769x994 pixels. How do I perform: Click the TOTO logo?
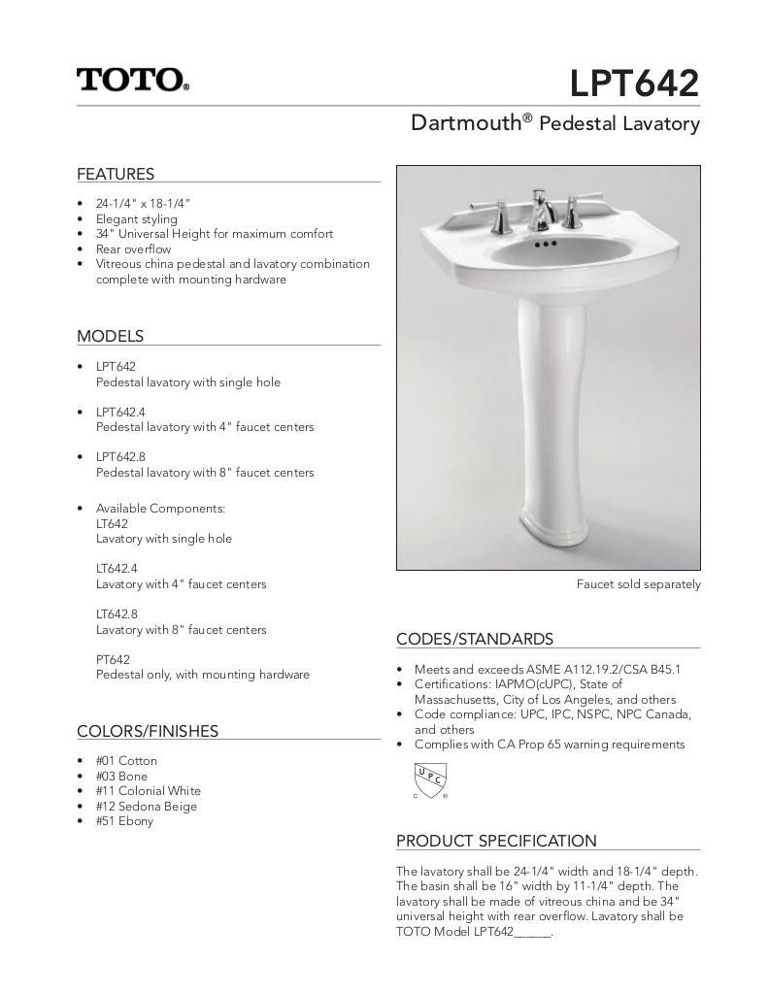coord(133,80)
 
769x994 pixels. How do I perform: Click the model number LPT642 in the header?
coord(634,83)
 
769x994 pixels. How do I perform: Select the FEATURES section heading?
coord(116,175)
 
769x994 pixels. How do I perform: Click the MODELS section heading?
coord(110,337)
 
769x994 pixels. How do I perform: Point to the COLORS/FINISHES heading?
coord(148,732)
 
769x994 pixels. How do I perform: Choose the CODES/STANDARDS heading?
coord(475,640)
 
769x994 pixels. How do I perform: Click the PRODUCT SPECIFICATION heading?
coord(496,842)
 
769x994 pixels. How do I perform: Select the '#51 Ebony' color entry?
coord(124,821)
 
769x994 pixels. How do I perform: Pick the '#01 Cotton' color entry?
coord(126,761)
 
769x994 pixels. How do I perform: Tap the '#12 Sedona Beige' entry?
coord(146,807)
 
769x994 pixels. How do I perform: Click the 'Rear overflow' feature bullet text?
coord(133,249)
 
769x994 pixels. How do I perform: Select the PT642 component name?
coord(113,660)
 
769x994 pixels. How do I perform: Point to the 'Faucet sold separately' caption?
coord(638,584)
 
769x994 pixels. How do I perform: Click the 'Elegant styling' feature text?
coord(136,219)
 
